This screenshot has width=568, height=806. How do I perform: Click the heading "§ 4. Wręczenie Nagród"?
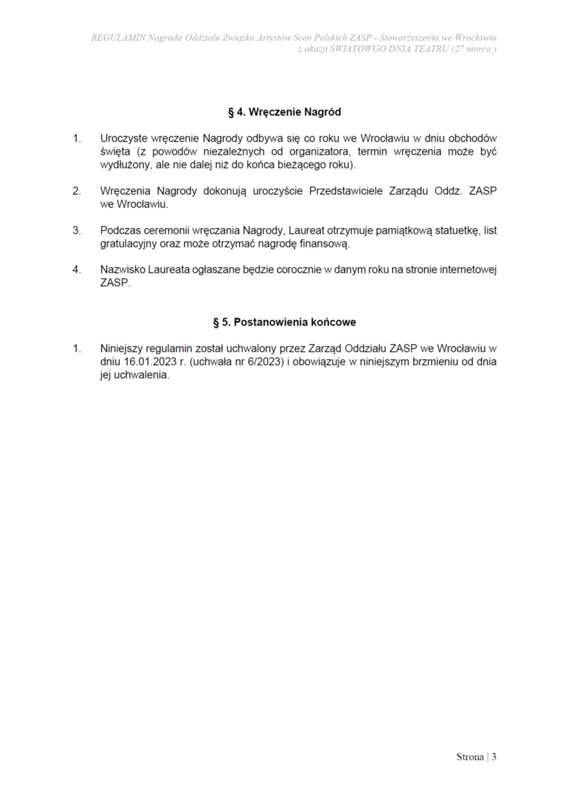click(284, 112)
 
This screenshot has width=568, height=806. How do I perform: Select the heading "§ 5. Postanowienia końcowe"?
click(284, 322)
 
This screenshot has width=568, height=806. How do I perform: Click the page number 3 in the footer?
click(494, 757)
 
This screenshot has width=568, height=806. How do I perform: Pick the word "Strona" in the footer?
click(470, 757)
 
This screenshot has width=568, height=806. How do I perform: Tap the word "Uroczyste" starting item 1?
click(124, 139)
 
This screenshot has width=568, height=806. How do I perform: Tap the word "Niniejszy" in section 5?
click(122, 349)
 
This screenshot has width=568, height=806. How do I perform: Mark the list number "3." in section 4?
click(77, 231)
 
